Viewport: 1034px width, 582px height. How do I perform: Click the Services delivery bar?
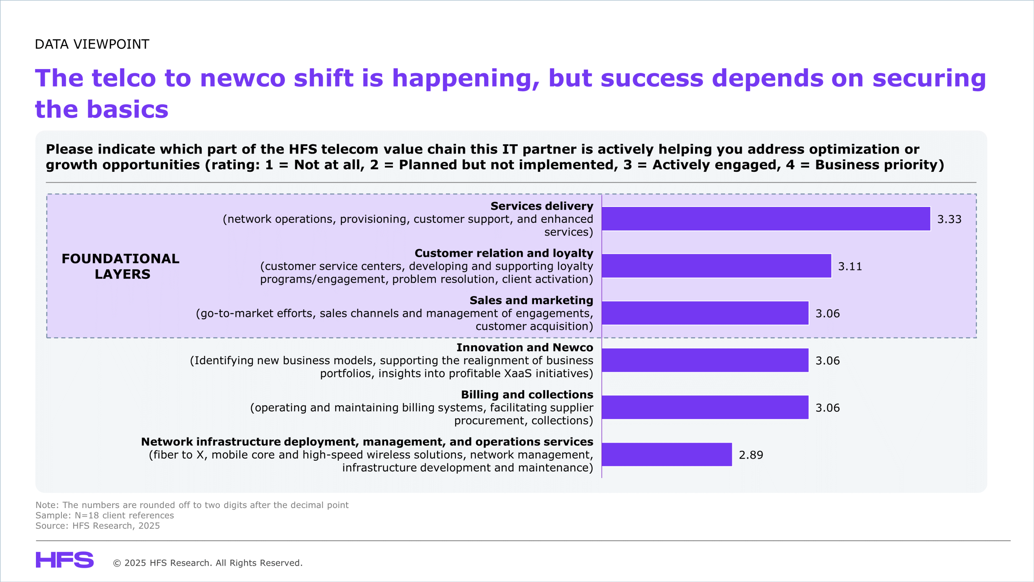pyautogui.click(x=766, y=219)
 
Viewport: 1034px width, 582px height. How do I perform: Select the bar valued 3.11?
pyautogui.click(x=716, y=266)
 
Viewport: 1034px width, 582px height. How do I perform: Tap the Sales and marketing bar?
pyautogui.click(x=705, y=313)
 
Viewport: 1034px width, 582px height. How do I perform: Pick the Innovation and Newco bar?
pyautogui.click(x=705, y=360)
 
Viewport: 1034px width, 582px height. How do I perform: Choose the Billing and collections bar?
pyautogui.click(x=705, y=407)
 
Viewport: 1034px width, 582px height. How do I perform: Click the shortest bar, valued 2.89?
pyautogui.click(x=666, y=454)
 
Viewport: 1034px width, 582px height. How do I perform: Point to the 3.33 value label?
pyautogui.click(x=949, y=219)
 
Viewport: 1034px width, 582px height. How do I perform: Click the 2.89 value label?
pyautogui.click(x=751, y=455)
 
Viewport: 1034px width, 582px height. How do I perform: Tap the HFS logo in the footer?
pyautogui.click(x=65, y=560)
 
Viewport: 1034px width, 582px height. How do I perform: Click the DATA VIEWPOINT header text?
pyautogui.click(x=92, y=44)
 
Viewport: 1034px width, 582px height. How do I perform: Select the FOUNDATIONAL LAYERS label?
pyautogui.click(x=121, y=266)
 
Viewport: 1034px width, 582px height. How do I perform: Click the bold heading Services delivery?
pyautogui.click(x=542, y=206)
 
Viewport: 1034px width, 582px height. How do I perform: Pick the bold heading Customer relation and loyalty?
pyautogui.click(x=504, y=253)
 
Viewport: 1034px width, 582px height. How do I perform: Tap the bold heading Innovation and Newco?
pyautogui.click(x=525, y=348)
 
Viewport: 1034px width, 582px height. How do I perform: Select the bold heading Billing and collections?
pyautogui.click(x=527, y=395)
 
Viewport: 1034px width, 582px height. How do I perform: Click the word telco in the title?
pyautogui.click(x=124, y=78)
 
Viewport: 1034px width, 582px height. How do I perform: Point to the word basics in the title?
pyautogui.click(x=128, y=110)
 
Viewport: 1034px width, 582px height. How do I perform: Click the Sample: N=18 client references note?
pyautogui.click(x=105, y=515)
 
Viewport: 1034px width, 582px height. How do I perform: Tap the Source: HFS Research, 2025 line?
pyautogui.click(x=98, y=526)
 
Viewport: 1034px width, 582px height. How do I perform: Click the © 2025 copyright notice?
pyautogui.click(x=208, y=563)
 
